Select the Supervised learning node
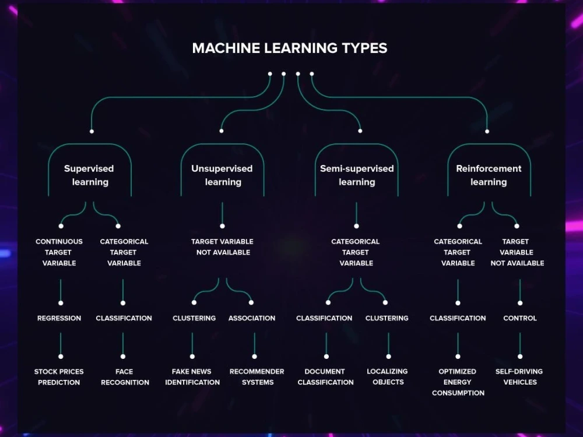[89, 175]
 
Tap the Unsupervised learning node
[222, 175]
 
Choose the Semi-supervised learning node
[357, 175]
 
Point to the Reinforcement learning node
[489, 175]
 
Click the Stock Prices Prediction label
[59, 377]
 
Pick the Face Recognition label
[125, 377]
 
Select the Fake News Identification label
[192, 377]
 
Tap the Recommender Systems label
[257, 377]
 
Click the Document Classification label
[325, 377]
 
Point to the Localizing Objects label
[387, 377]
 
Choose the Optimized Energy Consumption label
[458, 382]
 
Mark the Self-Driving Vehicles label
[519, 377]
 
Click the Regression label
[59, 318]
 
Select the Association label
[252, 318]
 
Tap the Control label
[520, 318]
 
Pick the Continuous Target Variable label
[59, 252]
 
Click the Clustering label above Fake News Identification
[194, 318]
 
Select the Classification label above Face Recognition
[124, 318]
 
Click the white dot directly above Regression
[61, 303]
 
